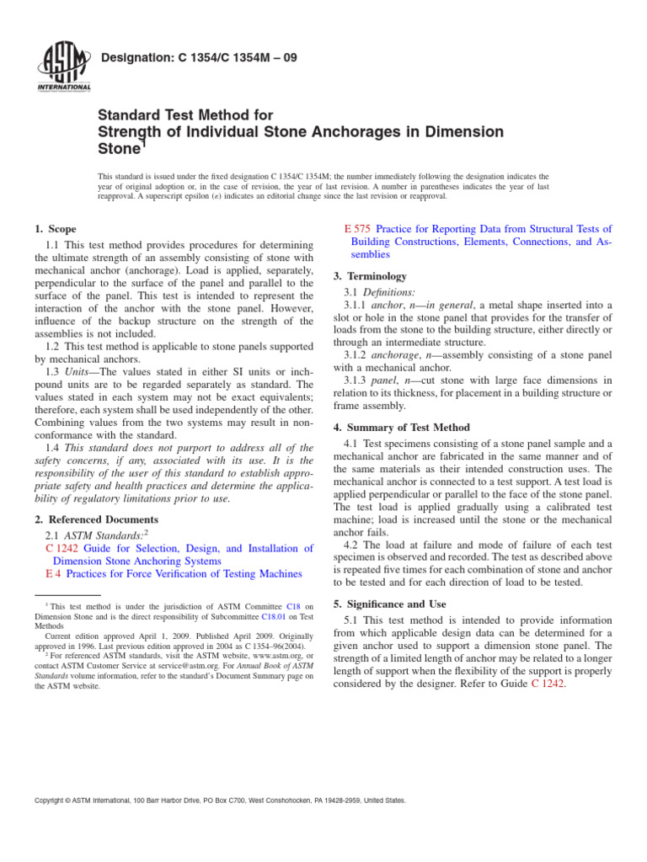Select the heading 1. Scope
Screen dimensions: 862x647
(x=55, y=229)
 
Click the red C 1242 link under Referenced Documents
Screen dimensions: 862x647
(x=61, y=548)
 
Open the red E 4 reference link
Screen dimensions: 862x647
(x=52, y=573)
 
